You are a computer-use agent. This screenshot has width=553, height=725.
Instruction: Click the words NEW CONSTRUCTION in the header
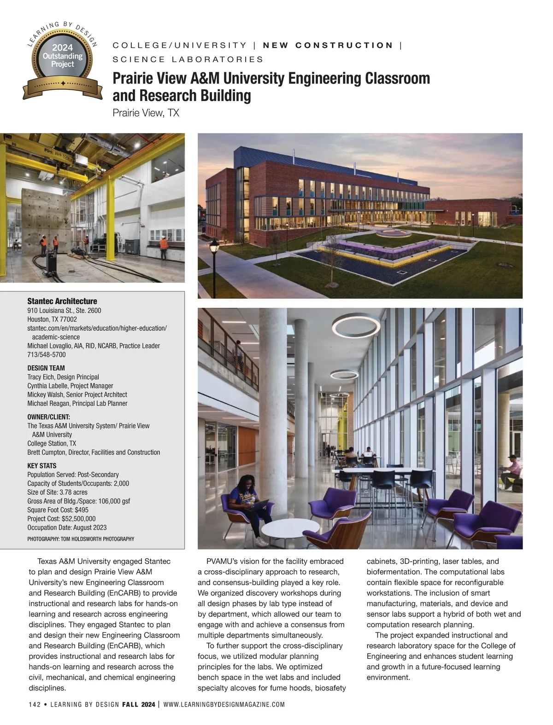coord(328,45)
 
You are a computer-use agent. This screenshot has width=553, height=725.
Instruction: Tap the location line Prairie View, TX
coord(146,113)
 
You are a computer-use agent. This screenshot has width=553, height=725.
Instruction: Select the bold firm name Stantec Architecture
coord(62,301)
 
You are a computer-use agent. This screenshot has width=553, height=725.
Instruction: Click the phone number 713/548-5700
coord(47,354)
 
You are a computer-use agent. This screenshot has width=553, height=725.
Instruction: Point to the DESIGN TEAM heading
coord(46,368)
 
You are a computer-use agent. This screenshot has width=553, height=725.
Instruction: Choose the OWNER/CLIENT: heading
coord(48,417)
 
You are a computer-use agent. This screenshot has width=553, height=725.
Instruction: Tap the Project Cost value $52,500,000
coord(78,519)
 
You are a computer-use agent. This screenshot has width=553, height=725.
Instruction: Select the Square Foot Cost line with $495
coord(58,510)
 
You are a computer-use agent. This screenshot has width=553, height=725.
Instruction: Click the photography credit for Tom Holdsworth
coord(81,539)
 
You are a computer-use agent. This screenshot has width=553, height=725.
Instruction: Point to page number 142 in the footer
coord(35,705)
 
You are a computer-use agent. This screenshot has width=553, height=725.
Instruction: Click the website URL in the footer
coord(224,705)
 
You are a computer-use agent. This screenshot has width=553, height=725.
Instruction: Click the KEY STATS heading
coord(42,466)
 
